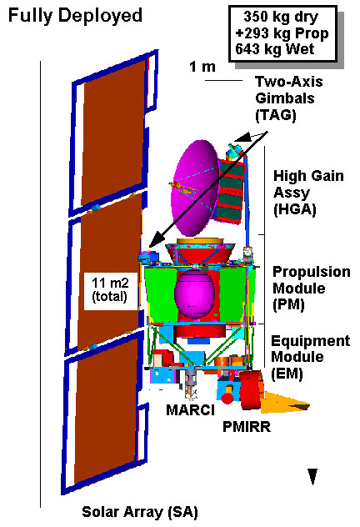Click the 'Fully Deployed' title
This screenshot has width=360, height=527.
pyautogui.click(x=75, y=16)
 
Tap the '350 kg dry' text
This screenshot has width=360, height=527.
pyautogui.click(x=281, y=17)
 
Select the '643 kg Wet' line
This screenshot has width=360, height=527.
pyautogui.click(x=275, y=49)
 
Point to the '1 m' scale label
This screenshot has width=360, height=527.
pyautogui.click(x=202, y=67)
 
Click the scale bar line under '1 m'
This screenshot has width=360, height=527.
pyautogui.click(x=223, y=80)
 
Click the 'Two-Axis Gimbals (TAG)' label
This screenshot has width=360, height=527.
pyautogui.click(x=289, y=98)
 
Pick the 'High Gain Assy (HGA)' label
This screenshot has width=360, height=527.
pyautogui.click(x=308, y=193)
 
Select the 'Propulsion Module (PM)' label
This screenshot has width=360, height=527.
pyautogui.click(x=312, y=289)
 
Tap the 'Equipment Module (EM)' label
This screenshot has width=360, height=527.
pyautogui.click(x=310, y=357)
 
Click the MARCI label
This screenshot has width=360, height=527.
pyautogui.click(x=190, y=409)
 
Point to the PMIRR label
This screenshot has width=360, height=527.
pyautogui.click(x=247, y=427)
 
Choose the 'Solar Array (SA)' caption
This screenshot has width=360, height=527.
pyautogui.click(x=140, y=512)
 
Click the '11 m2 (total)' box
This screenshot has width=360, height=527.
pyautogui.click(x=111, y=291)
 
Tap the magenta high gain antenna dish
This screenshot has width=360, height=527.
pyautogui.click(x=195, y=188)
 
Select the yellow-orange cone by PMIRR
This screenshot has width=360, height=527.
pyautogui.click(x=285, y=402)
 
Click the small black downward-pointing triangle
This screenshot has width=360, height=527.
pyautogui.click(x=312, y=477)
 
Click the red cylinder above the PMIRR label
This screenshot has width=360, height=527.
pyautogui.click(x=252, y=390)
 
